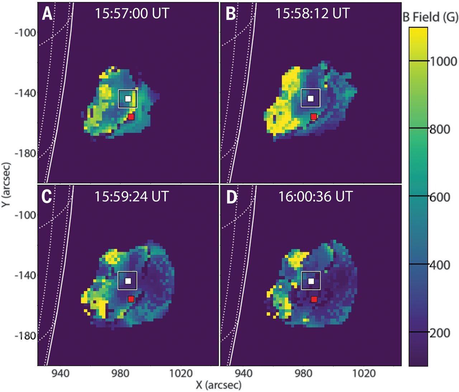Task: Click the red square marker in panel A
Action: click(x=131, y=117)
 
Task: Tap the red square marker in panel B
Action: click(x=314, y=117)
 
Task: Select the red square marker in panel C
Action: click(x=131, y=299)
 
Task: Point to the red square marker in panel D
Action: click(x=314, y=299)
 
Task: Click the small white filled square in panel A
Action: click(x=128, y=98)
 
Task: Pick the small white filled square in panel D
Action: click(x=311, y=281)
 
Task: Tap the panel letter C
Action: click(x=47, y=197)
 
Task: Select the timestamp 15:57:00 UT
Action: click(x=132, y=13)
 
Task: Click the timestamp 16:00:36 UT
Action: click(x=316, y=197)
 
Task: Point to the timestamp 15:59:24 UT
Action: click(x=132, y=197)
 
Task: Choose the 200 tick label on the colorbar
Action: click(x=440, y=333)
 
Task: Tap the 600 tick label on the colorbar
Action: click(x=440, y=197)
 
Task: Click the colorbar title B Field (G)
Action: click(x=430, y=17)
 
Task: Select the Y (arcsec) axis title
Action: click(x=7, y=184)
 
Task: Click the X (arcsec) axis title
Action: click(x=218, y=385)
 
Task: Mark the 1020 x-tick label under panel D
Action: click(x=364, y=373)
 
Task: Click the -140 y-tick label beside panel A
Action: click(x=25, y=93)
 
